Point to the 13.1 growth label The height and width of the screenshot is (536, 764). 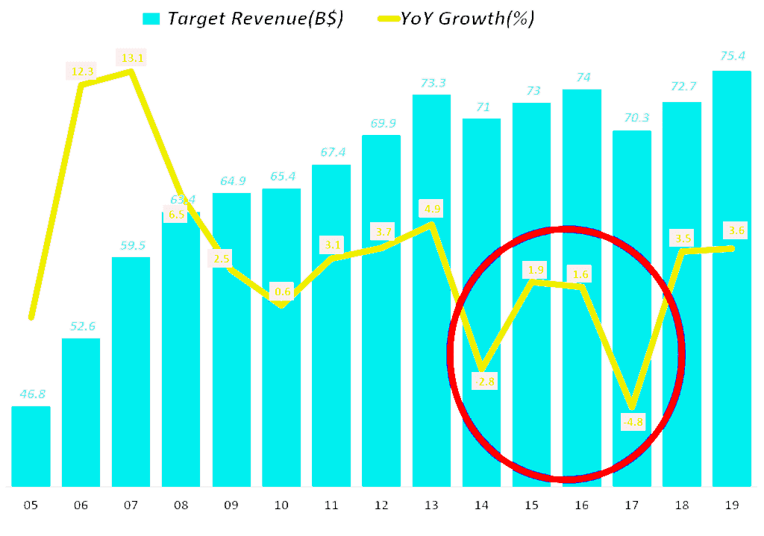pos(130,57)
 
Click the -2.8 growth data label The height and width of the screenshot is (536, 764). pos(483,382)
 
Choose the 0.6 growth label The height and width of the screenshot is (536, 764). pos(282,292)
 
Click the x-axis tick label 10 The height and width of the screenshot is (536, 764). pos(281,505)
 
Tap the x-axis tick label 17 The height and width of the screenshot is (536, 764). pos(631,505)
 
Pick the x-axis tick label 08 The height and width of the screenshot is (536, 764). pos(181,505)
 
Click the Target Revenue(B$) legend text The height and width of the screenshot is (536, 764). pos(255,19)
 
